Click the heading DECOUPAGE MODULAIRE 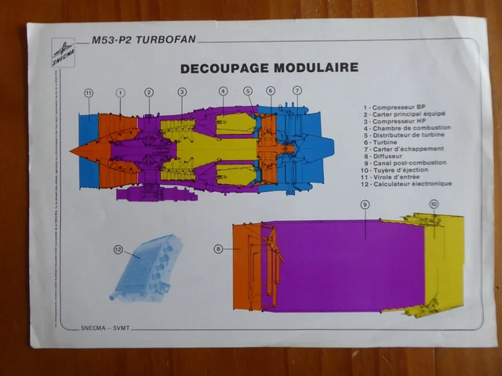269,67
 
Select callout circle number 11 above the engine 89,92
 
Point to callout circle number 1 120,92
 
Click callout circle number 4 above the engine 223,91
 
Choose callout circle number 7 297,90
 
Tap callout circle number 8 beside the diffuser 218,249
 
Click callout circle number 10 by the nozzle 434,204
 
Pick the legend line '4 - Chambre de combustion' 406,128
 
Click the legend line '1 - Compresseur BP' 394,107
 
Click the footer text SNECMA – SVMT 110,327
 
